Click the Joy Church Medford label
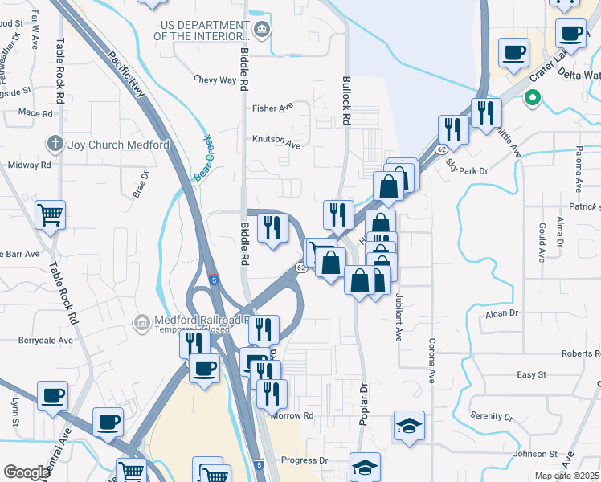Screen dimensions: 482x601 [119, 145]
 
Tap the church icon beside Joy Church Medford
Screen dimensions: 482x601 [55, 145]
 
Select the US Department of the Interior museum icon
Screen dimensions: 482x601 [262, 31]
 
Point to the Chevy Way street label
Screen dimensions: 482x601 [215, 80]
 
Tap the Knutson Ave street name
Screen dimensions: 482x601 [277, 145]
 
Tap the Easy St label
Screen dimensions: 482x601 [531, 374]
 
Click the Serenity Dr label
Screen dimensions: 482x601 [492, 416]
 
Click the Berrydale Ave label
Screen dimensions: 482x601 [46, 340]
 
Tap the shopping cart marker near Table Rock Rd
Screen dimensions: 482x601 [51, 215]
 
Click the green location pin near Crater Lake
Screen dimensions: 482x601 [531, 99]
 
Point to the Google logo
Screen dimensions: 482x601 [27, 472]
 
